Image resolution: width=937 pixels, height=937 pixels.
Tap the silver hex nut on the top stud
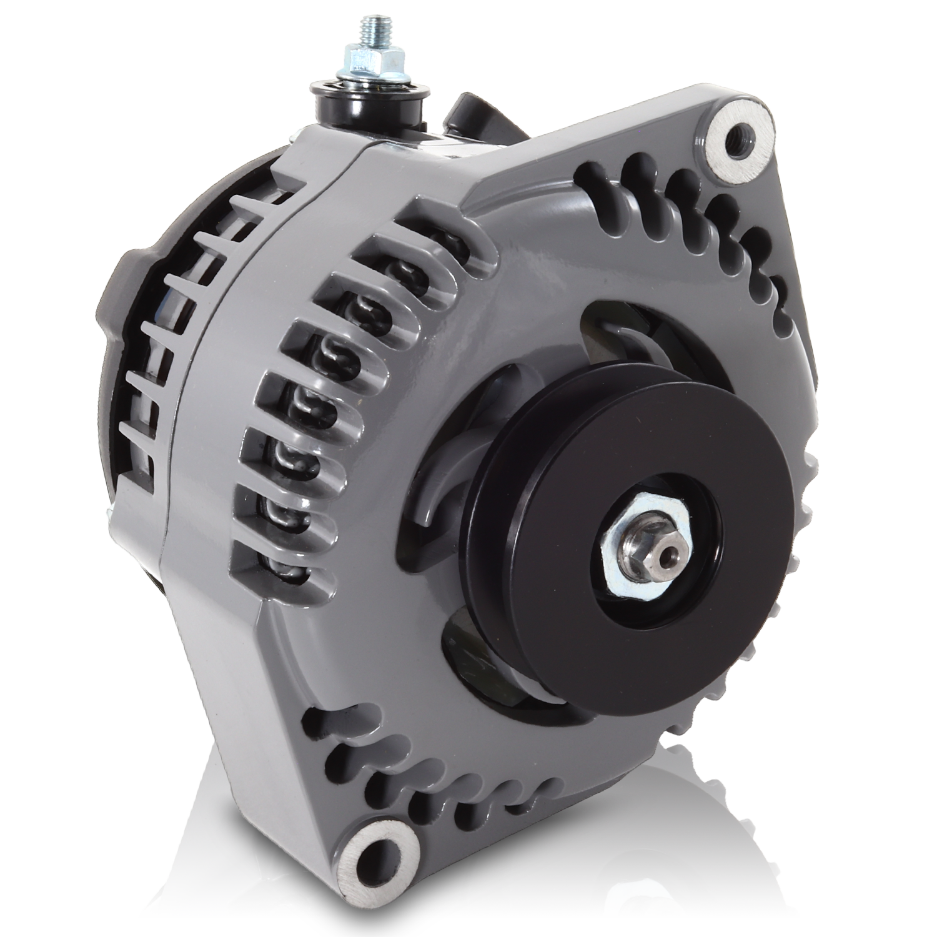pyautogui.click(x=363, y=62)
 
